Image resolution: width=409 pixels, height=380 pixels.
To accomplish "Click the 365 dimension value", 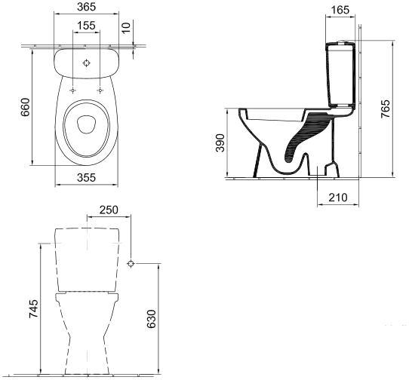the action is point(86,7).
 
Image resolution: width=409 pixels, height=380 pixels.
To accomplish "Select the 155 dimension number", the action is point(86,26).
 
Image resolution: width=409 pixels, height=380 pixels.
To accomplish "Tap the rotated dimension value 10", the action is point(126,28).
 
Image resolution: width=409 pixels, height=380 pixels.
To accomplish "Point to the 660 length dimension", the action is point(26,107).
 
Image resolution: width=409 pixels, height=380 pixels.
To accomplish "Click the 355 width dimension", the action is point(86,177).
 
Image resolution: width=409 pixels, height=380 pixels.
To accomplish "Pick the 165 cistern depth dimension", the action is point(340,10).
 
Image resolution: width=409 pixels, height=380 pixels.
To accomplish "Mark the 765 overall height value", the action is point(386,109).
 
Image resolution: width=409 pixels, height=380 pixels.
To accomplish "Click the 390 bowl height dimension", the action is point(220,142).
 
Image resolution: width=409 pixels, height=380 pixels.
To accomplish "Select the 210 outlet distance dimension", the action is point(338,198).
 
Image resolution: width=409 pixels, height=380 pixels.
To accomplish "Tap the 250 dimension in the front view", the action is point(109,210).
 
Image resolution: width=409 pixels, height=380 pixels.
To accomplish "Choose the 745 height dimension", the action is point(34,309).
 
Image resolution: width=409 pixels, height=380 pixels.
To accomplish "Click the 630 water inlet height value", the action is point(151,319).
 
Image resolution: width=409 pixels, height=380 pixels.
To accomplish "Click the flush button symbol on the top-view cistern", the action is point(86,63).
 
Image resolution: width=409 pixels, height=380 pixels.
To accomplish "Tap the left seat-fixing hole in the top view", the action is point(72,90).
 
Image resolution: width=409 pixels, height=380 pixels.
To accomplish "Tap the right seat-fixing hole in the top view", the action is point(100,90).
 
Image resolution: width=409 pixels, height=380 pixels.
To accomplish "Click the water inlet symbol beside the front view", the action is point(131,263).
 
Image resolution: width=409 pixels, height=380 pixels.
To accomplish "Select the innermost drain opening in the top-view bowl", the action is point(87,124).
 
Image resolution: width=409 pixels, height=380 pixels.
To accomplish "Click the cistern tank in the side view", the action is point(340,75).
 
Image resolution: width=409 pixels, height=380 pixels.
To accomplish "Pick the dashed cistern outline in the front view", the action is point(87,259).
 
